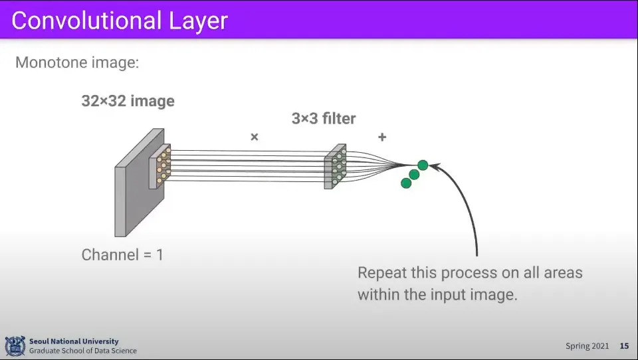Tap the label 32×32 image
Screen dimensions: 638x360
128,102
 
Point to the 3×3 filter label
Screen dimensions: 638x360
324,119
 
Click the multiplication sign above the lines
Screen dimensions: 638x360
254,137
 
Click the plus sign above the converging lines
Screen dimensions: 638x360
382,137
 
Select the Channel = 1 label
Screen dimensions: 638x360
122,254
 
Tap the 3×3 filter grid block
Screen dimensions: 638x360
336,166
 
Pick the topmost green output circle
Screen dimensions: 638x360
423,165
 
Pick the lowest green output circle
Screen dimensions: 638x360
406,183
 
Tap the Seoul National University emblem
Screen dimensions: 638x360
15,346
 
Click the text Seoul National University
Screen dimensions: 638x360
74,341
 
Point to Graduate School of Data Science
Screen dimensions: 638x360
83,351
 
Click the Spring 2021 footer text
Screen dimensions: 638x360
586,346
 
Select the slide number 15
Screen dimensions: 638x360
624,346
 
